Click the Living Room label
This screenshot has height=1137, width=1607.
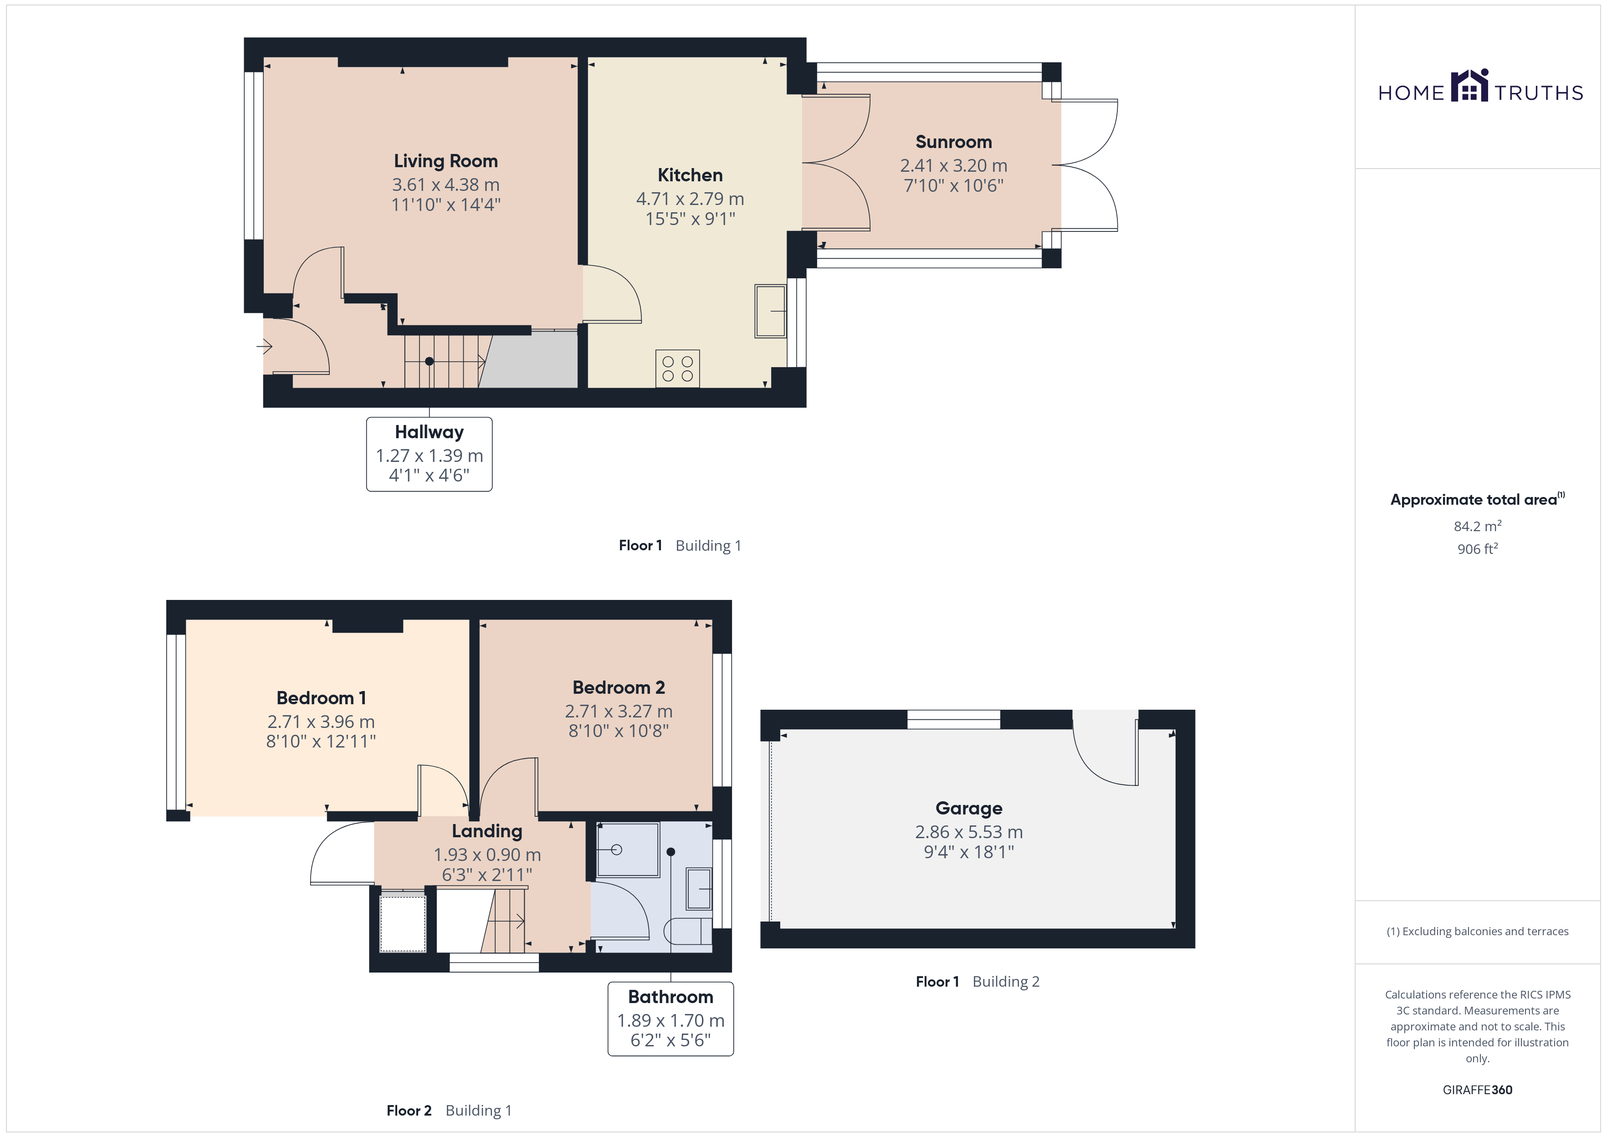point(446,161)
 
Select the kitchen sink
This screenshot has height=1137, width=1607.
point(771,311)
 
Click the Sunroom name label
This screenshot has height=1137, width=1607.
point(953,142)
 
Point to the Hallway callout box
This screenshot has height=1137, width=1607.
point(429,454)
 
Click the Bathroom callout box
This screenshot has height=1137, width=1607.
point(670,1019)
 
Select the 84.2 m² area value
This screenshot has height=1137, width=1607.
point(1478,526)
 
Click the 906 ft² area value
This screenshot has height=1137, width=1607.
point(1478,549)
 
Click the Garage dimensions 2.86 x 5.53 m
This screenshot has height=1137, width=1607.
point(969,832)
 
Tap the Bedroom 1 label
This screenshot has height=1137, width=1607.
point(321,698)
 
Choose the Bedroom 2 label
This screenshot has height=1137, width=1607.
point(619,687)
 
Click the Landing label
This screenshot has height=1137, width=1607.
point(487,831)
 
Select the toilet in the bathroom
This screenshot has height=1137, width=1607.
point(687,931)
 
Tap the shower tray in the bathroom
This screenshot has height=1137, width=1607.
point(628,849)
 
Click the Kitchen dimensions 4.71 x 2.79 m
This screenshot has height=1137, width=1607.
point(690,199)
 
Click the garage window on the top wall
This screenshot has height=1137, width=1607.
point(953,719)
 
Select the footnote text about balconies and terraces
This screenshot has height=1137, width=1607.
point(1478,931)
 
